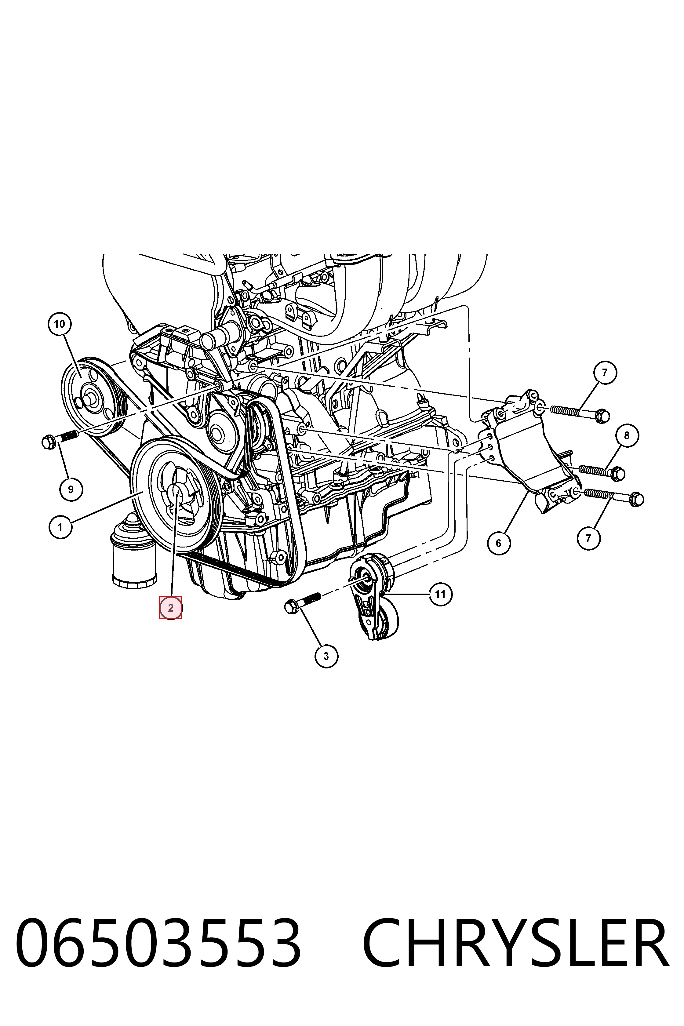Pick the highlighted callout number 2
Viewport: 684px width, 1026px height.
pos(171,608)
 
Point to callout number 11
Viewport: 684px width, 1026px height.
pos(441,594)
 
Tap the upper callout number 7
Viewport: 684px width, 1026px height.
pos(605,373)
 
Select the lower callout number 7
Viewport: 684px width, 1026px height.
pos(588,538)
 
